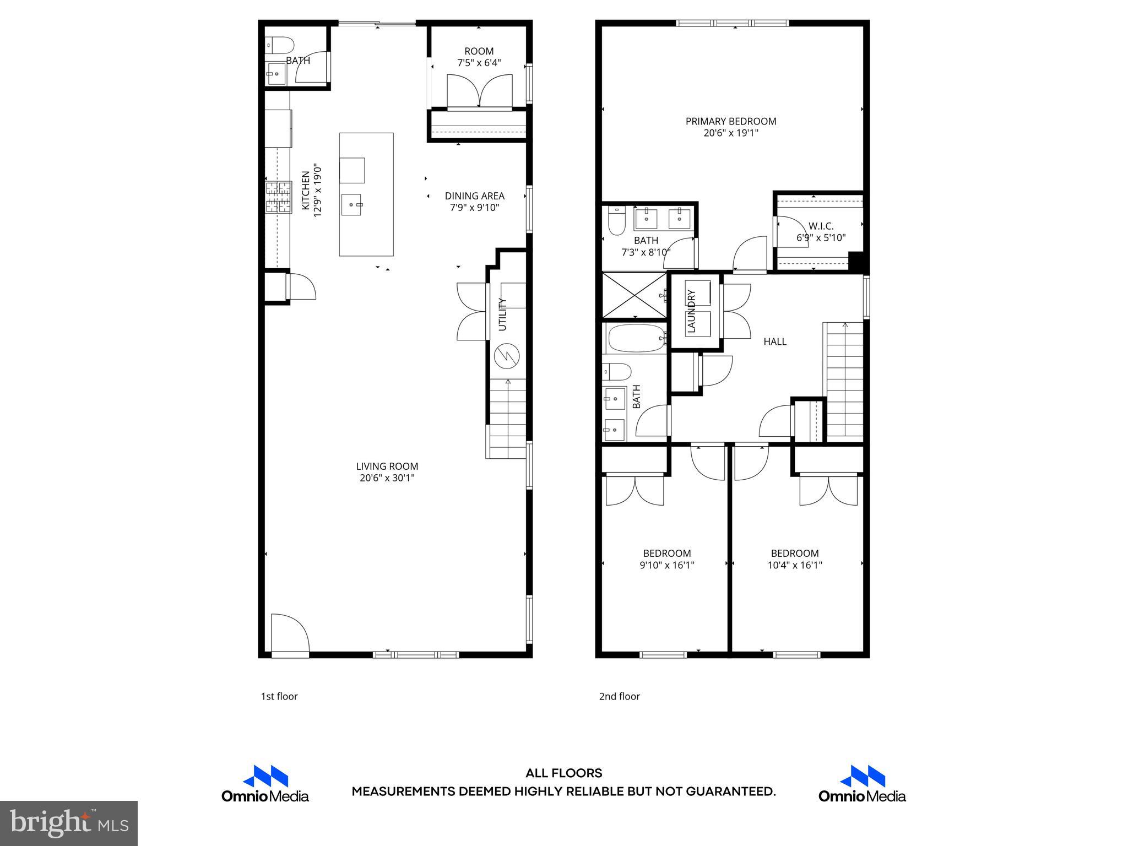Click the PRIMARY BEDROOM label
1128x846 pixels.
coord(730,121)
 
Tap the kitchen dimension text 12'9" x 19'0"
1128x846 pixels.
coord(317,190)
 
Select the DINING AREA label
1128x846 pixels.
coord(474,196)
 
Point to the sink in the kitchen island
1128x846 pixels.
coord(352,204)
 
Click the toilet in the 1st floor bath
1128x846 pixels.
coord(280,44)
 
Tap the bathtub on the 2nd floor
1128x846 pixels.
coord(634,338)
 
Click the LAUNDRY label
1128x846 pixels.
coord(692,312)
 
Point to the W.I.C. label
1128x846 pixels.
coord(821,226)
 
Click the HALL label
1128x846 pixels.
coord(774,341)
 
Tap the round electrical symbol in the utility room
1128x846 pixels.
coord(507,356)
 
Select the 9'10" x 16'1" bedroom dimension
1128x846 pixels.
coord(666,565)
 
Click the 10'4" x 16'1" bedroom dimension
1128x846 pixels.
coord(794,565)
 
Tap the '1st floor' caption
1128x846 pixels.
coord(279,696)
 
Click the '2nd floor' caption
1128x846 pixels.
coord(619,696)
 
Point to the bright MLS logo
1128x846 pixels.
coord(69,823)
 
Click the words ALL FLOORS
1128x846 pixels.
coord(563,773)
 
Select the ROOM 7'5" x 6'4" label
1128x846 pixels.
coord(479,57)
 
